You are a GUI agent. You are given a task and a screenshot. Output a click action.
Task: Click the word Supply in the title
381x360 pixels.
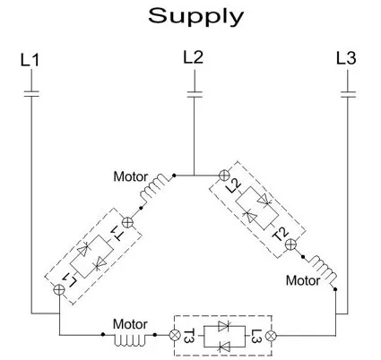[195, 17]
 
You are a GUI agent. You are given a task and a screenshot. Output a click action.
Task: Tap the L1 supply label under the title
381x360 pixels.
[30, 60]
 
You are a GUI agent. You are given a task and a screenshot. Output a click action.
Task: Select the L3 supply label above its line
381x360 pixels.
[346, 58]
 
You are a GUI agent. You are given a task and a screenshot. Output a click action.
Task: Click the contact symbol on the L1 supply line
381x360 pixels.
[31, 94]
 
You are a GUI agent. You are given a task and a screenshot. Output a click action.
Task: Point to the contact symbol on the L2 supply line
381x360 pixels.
[195, 94]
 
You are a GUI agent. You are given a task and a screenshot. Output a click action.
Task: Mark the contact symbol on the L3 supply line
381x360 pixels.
[348, 94]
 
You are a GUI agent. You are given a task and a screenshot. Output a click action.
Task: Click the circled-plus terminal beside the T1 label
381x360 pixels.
[127, 222]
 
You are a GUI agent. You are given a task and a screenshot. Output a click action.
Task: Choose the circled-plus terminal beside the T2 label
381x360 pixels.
[290, 244]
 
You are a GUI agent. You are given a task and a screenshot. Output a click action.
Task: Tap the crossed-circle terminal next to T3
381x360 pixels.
[174, 335]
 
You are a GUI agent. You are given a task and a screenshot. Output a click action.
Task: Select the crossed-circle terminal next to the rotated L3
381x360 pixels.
[272, 336]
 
